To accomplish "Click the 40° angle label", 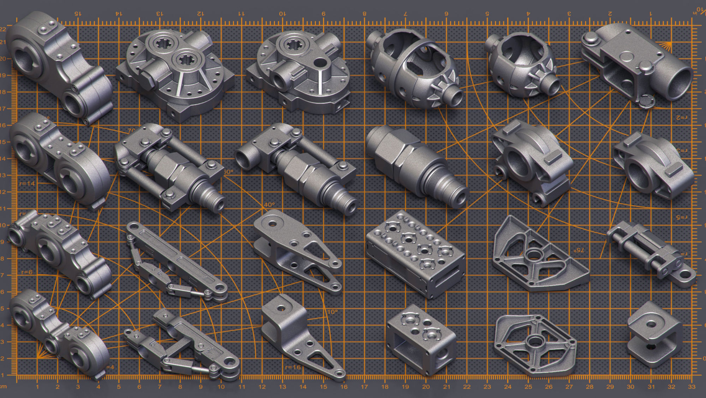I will [x=269, y=205].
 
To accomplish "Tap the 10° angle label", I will [x=332, y=312].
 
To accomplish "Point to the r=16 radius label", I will [x=293, y=367].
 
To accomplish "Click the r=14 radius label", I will [x=27, y=183].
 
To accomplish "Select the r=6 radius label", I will [x=27, y=272].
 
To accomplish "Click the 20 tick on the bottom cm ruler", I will [x=426, y=387].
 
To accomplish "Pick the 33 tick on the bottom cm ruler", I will [x=692, y=387].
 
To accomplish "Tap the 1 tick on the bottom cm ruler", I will [x=37, y=387].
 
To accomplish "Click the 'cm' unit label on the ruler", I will [x=3, y=386].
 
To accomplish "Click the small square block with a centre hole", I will [x=652, y=324].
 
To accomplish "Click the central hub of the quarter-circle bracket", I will [x=533, y=254].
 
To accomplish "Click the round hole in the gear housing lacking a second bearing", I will [x=320, y=63].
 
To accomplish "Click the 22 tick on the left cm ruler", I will [x=3, y=29].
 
